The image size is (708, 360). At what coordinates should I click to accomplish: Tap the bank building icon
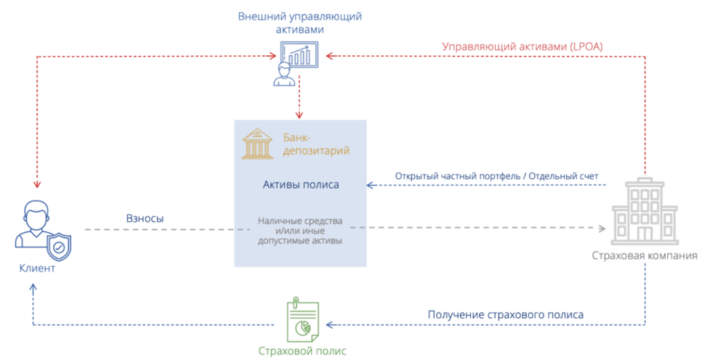(x=257, y=143)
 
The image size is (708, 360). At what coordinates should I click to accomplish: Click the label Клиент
(x=37, y=269)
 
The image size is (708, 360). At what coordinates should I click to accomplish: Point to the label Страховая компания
(x=644, y=256)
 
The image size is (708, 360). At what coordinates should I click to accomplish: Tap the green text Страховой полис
(x=302, y=350)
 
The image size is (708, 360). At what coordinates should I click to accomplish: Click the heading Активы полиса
(x=301, y=184)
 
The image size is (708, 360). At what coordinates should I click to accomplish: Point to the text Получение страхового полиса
(x=505, y=314)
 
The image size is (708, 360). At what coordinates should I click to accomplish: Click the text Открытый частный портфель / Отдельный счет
(x=496, y=176)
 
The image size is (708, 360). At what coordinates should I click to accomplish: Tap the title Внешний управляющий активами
(x=300, y=23)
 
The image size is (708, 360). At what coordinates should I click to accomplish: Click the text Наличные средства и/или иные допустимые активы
(x=300, y=231)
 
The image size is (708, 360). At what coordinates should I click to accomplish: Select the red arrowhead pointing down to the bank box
(x=299, y=113)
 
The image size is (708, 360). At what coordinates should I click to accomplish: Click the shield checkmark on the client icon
(x=59, y=246)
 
